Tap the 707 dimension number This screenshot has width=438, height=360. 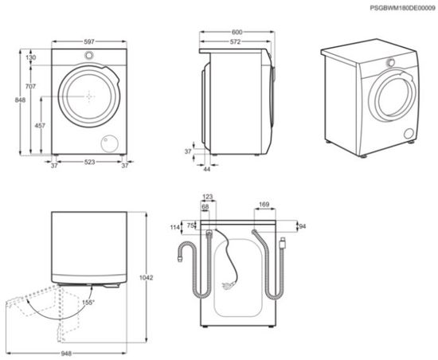[x=31, y=86]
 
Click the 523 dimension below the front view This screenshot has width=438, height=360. [x=88, y=165]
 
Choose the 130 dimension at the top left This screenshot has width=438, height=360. [x=31, y=58]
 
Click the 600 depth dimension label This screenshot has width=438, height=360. [x=237, y=33]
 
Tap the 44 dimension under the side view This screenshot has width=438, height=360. [x=205, y=169]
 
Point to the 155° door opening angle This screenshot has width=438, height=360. [x=87, y=302]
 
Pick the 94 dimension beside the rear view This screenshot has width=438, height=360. [x=302, y=227]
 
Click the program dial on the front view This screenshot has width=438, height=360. [x=89, y=56]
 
